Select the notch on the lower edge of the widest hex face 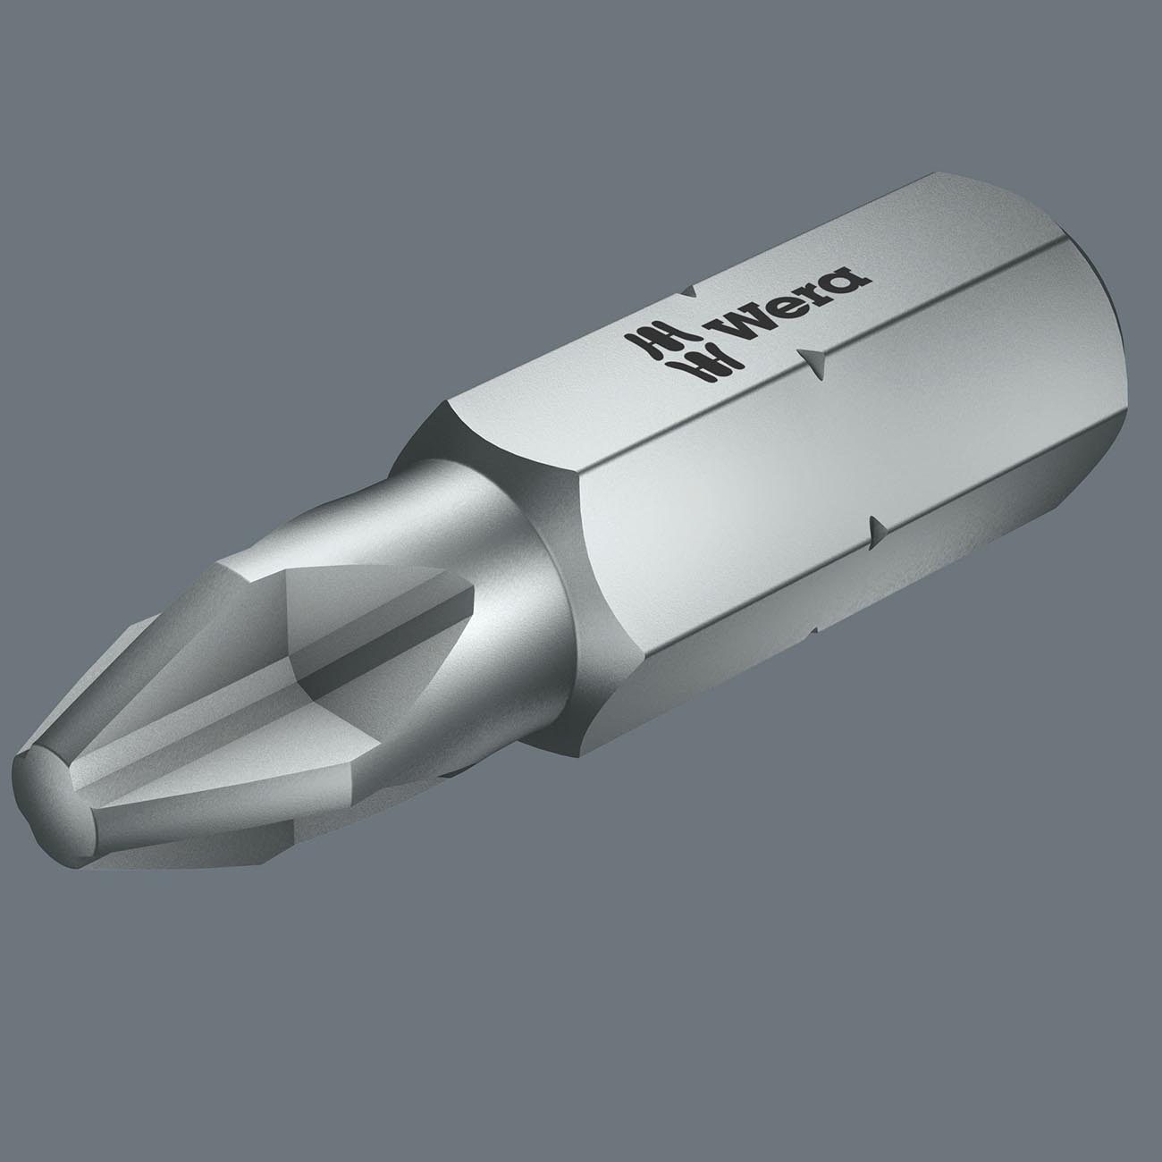[875, 528]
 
